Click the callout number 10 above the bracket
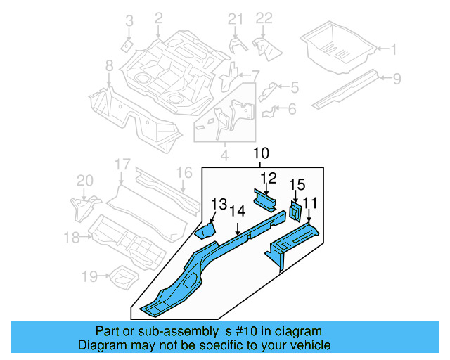coord(261,153)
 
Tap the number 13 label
coord(219,204)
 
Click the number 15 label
coord(297,185)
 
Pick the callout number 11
coord(310,203)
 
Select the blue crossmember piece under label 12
coord(265,201)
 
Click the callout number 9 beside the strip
coord(397,79)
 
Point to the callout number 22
coord(263,18)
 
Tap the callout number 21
coord(234,18)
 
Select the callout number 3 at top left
coord(129,22)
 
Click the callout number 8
coord(109,66)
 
